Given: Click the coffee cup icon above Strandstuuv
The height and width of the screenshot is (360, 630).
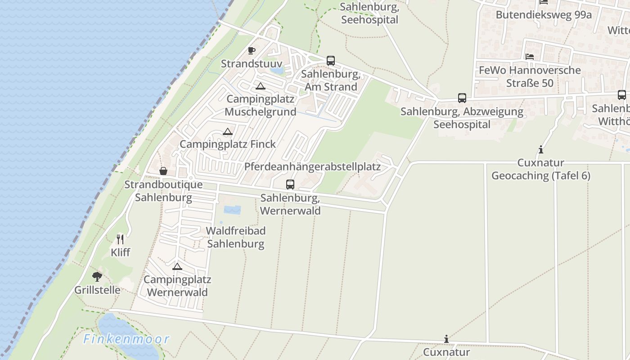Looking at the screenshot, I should pyautogui.click(x=252, y=50).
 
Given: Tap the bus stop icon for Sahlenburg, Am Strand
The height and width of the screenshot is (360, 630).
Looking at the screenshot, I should pyautogui.click(x=331, y=61).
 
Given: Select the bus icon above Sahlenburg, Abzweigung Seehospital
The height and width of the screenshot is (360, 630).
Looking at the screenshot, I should pyautogui.click(x=462, y=98).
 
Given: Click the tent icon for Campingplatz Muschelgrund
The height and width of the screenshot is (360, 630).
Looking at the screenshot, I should pyautogui.click(x=260, y=86).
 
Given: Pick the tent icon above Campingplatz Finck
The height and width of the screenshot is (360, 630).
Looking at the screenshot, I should pyautogui.click(x=228, y=131).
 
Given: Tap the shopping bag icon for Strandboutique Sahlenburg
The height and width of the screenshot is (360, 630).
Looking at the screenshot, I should pyautogui.click(x=163, y=171).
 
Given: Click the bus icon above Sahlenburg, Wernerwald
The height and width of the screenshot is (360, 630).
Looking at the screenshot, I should pyautogui.click(x=290, y=184).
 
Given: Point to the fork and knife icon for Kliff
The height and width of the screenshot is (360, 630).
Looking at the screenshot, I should pyautogui.click(x=120, y=239).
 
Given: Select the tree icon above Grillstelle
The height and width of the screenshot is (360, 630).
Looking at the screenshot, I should pyautogui.click(x=97, y=276).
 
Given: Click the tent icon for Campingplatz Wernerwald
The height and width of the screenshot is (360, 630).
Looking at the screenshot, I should pyautogui.click(x=177, y=266).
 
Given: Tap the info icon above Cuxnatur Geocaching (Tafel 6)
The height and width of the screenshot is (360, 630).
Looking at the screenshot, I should pyautogui.click(x=540, y=150).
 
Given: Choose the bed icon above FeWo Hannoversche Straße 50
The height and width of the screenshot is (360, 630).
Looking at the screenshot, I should pyautogui.click(x=530, y=57).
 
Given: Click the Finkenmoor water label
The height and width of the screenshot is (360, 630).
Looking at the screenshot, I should pyautogui.click(x=126, y=339).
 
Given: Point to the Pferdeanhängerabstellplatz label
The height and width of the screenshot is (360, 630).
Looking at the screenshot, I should pyautogui.click(x=312, y=166).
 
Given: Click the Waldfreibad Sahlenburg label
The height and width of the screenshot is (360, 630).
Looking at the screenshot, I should pyautogui.click(x=235, y=237).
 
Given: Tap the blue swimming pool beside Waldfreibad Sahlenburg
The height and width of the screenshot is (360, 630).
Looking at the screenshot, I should pyautogui.click(x=232, y=210).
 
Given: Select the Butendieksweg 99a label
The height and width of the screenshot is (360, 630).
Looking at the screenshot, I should pyautogui.click(x=544, y=15).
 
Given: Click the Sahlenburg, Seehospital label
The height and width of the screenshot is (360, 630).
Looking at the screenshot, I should pyautogui.click(x=369, y=13).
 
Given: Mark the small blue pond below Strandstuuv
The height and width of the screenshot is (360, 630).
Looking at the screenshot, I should pyautogui.click(x=277, y=70).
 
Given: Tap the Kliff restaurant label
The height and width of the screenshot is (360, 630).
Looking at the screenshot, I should pyautogui.click(x=120, y=252).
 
